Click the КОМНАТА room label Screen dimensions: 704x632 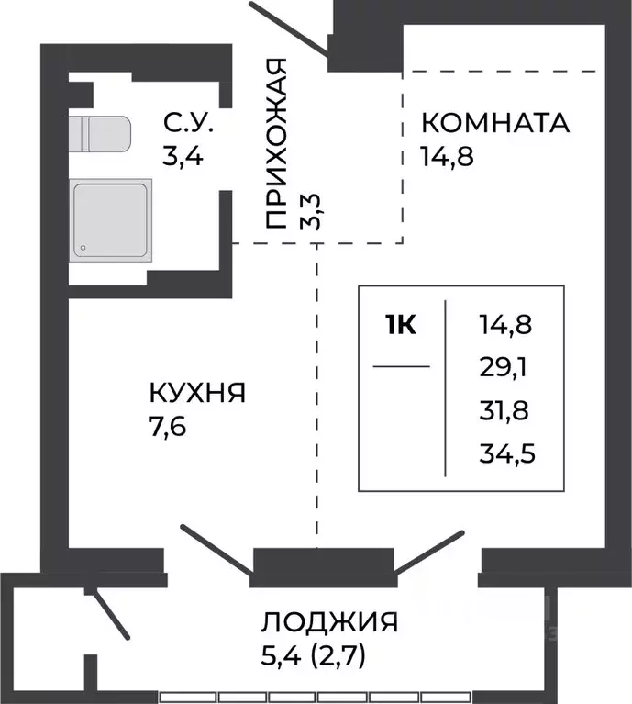point(494,122)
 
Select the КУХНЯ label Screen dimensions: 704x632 point(197,394)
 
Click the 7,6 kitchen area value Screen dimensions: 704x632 point(168,428)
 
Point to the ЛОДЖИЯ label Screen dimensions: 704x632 point(329,622)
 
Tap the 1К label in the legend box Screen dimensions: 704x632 point(401,325)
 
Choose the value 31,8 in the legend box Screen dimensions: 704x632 point(504,408)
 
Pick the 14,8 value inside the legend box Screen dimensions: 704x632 point(504,324)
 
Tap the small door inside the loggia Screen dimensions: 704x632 point(111,613)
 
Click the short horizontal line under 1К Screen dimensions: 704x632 point(401,367)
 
